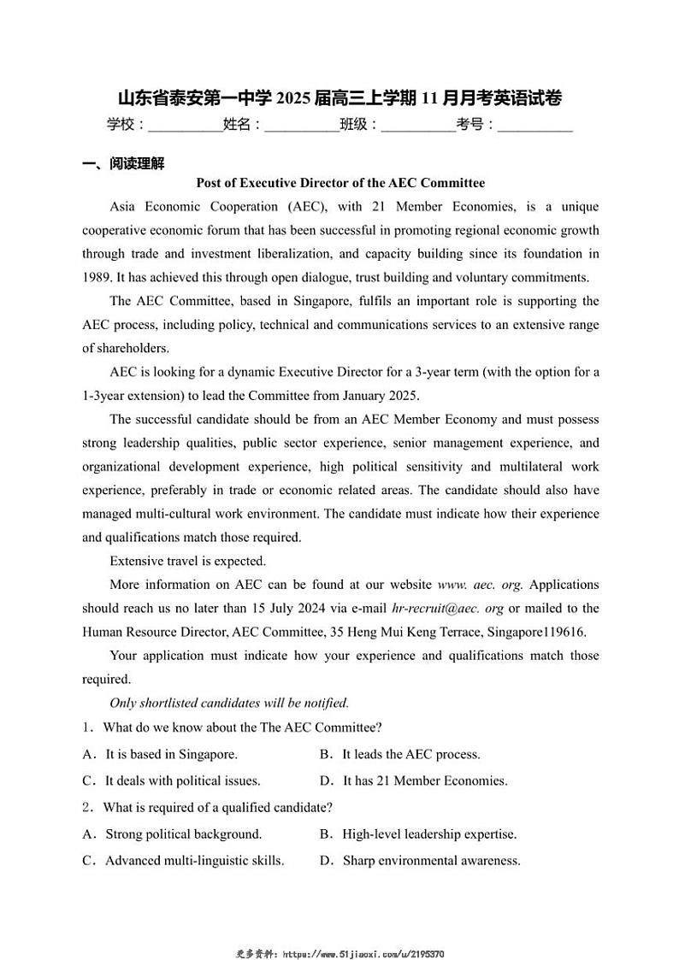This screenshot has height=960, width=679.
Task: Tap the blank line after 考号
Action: (x=534, y=126)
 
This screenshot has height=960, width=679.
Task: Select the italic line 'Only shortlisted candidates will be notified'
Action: (x=229, y=703)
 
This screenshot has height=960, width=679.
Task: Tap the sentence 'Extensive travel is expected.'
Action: (x=187, y=562)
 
